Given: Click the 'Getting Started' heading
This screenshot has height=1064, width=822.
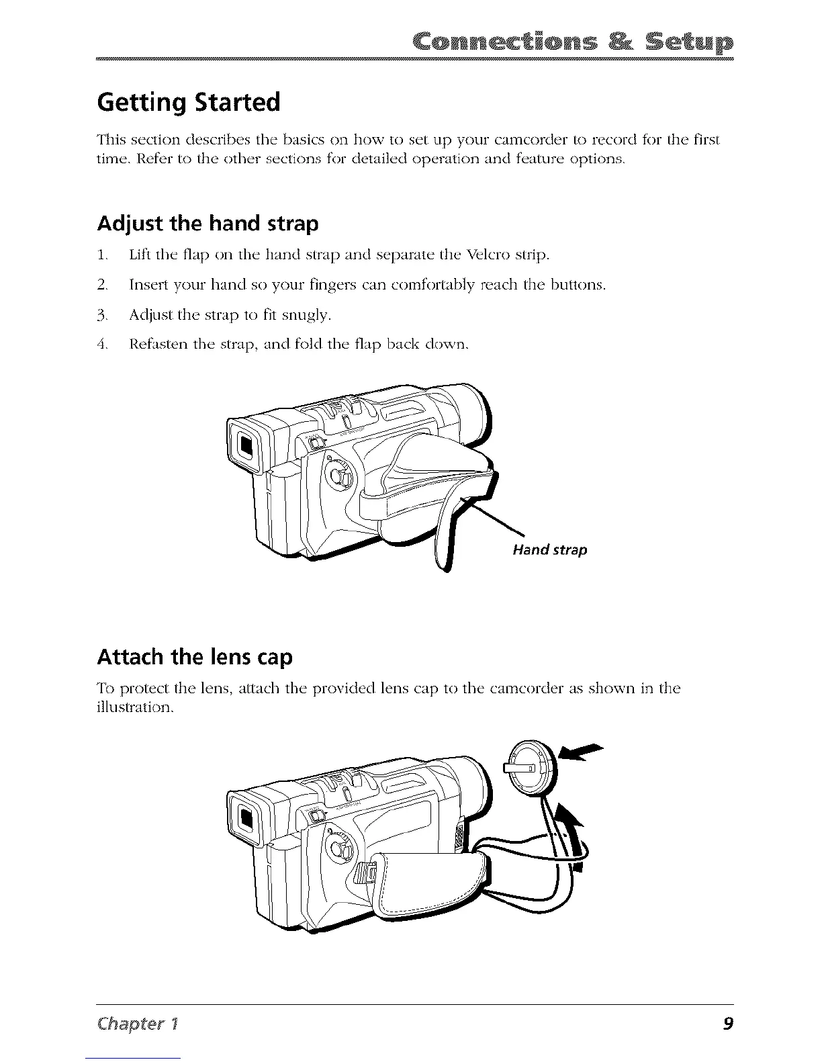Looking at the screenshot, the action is pyautogui.click(x=188, y=103).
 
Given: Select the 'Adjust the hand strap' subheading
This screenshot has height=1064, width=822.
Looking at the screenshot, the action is pyautogui.click(x=208, y=223).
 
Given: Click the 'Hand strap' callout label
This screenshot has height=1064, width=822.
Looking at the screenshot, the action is pyautogui.click(x=550, y=550).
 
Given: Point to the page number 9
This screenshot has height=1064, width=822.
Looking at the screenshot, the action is pyautogui.click(x=728, y=1024).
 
